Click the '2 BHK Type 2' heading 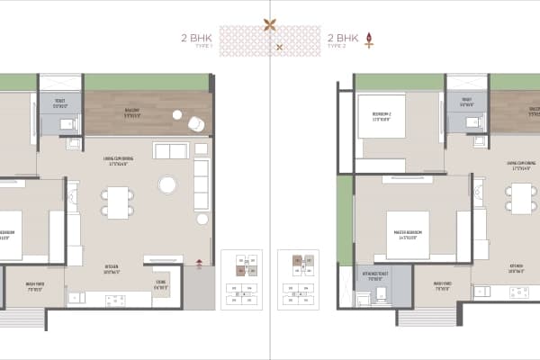[x=343, y=40]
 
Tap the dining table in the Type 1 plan [x=117, y=201]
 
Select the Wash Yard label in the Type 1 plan [x=37, y=289]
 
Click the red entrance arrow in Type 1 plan [x=199, y=264]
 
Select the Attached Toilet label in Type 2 [x=376, y=278]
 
